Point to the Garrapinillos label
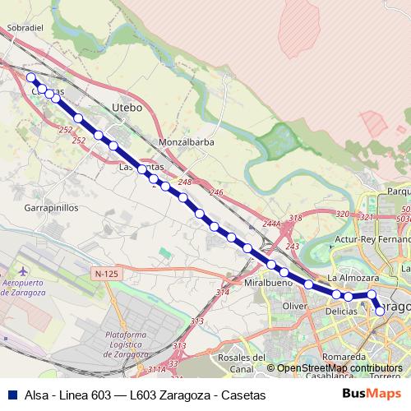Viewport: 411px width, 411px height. click(x=50, y=208)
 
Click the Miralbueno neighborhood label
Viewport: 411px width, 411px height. click(x=269, y=283)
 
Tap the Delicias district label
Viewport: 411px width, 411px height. click(x=341, y=312)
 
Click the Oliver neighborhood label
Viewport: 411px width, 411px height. click(x=294, y=306)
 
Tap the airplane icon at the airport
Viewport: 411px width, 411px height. click(x=21, y=270)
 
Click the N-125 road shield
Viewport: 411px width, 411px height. click(x=106, y=273)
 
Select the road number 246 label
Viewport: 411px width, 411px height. click(x=216, y=192)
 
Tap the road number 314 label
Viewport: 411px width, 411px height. click(x=222, y=293)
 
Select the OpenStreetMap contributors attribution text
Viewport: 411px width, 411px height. click(x=339, y=368)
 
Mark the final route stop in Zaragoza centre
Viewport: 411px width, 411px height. click(x=380, y=311)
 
